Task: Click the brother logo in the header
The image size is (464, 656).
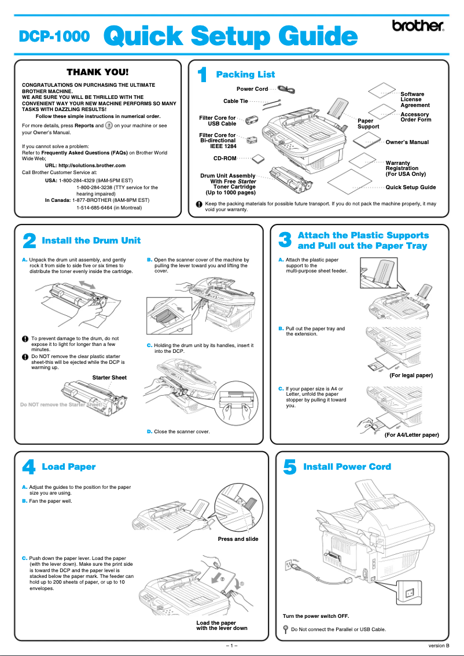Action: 418,26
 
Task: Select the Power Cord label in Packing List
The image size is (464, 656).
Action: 252,89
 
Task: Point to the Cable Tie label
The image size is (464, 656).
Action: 235,101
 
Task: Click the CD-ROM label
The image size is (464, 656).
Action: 224,157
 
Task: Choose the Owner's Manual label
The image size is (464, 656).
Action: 407,142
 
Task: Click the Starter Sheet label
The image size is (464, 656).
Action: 109,378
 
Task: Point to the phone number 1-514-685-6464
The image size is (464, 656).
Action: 109,208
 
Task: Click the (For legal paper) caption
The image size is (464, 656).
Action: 411,375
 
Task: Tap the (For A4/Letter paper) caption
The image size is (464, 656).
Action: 411,434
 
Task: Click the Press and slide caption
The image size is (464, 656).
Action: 238,539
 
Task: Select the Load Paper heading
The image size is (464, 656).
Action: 69,466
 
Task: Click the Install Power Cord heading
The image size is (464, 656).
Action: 347,466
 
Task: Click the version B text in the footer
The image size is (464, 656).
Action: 439,646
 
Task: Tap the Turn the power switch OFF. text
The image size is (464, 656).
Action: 315,616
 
